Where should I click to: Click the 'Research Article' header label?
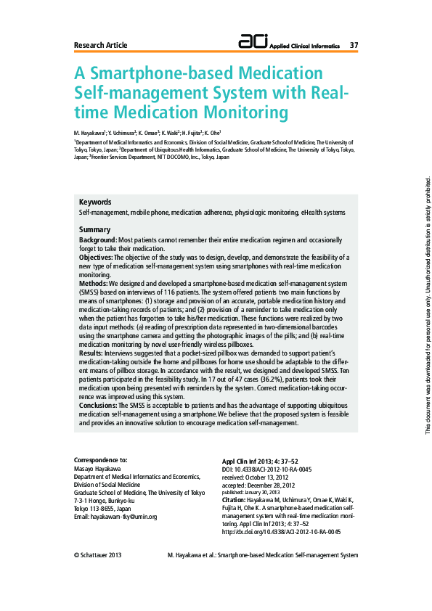click(100, 45)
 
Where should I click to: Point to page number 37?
click(354, 45)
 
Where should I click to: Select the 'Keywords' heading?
click(95, 202)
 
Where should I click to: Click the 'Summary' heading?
click(94, 229)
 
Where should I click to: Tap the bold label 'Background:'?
click(98, 239)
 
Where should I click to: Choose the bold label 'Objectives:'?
click(96, 257)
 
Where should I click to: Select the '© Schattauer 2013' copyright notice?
click(98, 555)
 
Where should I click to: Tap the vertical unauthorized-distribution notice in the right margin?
click(428, 305)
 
